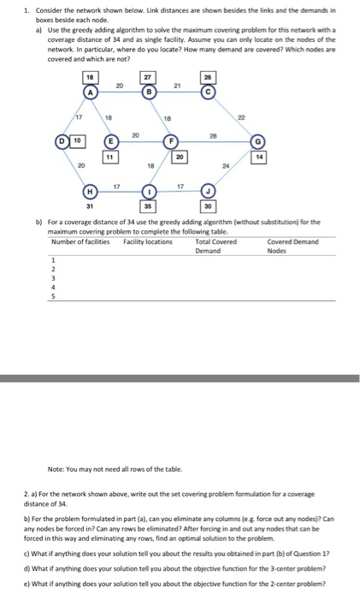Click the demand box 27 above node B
click(x=150, y=78)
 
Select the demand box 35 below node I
click(x=150, y=206)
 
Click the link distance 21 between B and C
click(x=178, y=85)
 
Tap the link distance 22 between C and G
click(x=240, y=117)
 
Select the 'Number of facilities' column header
click(x=81, y=242)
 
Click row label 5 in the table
click(x=53, y=295)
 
